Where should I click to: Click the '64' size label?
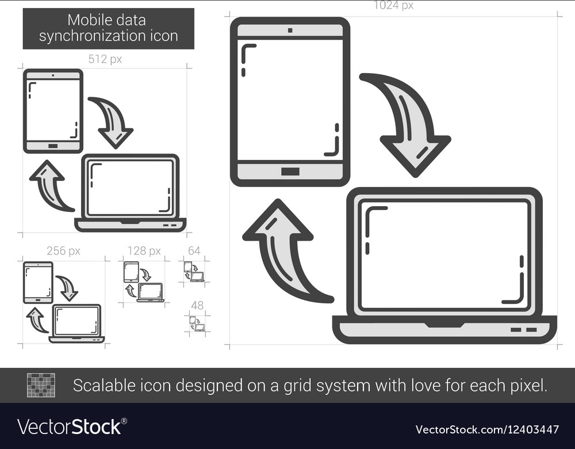[x=194, y=251]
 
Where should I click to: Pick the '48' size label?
[x=197, y=305]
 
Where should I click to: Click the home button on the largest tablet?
[x=290, y=171]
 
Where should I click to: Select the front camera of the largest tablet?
[x=290, y=30]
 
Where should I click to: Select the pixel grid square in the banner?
[x=41, y=385]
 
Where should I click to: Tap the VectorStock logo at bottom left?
[x=72, y=427]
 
